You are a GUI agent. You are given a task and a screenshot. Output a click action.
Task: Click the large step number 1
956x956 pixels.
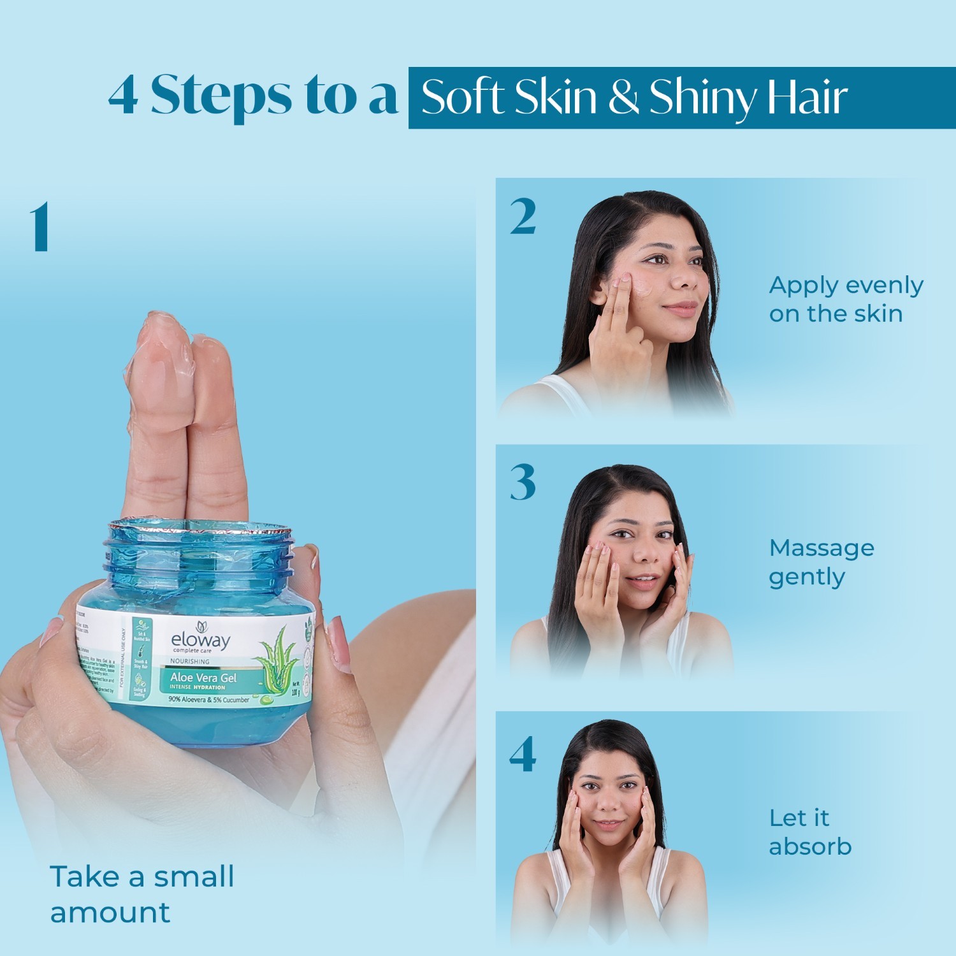point(40,227)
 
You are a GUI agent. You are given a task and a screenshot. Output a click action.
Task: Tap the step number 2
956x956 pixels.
point(523,217)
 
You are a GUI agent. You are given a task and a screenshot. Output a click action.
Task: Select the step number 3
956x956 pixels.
point(523,482)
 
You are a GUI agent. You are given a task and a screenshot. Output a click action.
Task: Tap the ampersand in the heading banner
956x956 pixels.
point(623,97)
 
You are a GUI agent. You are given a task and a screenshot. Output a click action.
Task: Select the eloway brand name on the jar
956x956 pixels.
point(200,640)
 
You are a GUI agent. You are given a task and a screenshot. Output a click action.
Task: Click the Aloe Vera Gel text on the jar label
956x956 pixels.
point(203,677)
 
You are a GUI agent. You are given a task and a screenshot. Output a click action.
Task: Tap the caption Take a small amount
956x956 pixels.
point(141,894)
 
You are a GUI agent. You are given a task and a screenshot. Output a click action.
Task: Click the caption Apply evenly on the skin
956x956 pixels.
point(846,299)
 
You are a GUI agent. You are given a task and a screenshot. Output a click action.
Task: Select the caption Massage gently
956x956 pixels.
point(821,562)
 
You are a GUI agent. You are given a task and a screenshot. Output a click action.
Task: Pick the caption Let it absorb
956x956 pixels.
point(809,832)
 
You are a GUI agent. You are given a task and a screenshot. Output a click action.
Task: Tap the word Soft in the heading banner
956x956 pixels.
point(463,97)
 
